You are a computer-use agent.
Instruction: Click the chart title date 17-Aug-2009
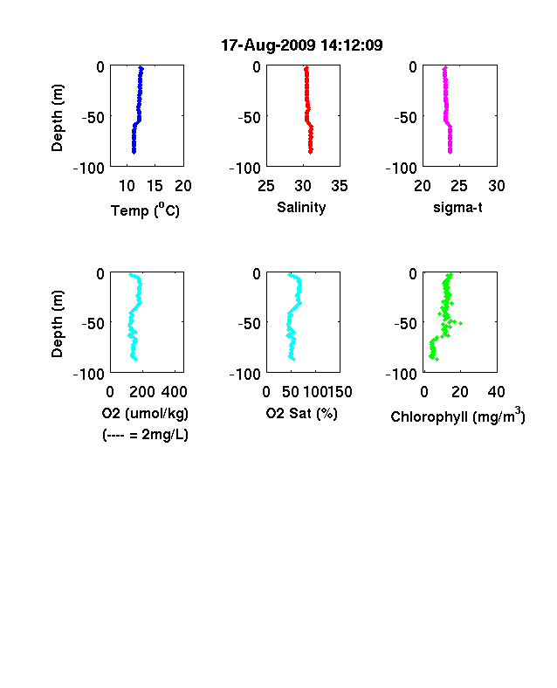[268, 45]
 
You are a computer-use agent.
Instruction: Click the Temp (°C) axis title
[145, 210]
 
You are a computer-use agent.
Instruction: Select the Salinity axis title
[301, 208]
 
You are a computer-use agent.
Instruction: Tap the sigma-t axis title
[457, 208]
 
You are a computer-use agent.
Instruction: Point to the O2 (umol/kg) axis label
[145, 414]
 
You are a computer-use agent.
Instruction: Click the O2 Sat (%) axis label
[302, 414]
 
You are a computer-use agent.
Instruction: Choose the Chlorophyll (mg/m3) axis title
[457, 416]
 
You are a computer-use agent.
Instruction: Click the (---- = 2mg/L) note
[145, 435]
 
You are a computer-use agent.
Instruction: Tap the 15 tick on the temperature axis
[155, 186]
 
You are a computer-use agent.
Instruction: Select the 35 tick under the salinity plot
[340, 186]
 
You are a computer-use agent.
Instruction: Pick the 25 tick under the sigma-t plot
[459, 186]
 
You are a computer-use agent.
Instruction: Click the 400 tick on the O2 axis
[175, 392]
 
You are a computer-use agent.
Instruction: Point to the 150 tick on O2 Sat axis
[340, 392]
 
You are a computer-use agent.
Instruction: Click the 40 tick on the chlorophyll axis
[497, 392]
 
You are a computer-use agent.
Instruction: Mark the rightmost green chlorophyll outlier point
[460, 323]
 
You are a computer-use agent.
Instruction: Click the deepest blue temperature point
[134, 152]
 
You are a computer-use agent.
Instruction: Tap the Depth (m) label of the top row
[57, 118]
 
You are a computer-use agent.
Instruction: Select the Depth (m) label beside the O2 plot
[57, 324]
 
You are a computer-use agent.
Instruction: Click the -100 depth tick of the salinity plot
[245, 168]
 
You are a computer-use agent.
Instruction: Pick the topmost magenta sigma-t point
[444, 68]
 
